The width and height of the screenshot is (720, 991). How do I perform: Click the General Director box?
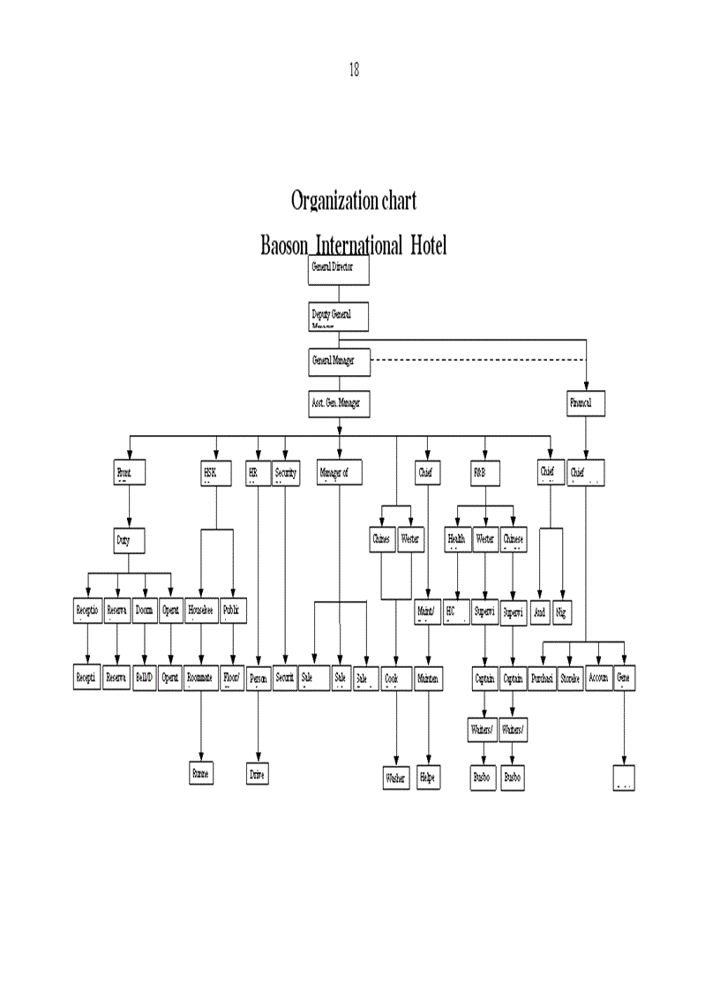pos(338,270)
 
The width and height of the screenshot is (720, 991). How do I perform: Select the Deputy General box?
pos(338,317)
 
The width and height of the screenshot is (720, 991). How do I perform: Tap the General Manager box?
pos(338,361)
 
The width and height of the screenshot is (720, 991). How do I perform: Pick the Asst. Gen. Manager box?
pos(338,403)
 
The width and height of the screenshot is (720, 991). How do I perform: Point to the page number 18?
pos(354,71)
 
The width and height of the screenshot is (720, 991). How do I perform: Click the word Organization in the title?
pos(334,201)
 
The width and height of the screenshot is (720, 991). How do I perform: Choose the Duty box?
pos(129,540)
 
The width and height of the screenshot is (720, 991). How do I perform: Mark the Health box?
pos(457,540)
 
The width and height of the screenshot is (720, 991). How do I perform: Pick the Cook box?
pos(396,679)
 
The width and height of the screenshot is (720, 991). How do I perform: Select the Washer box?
pos(396,778)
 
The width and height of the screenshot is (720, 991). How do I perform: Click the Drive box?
pos(258,776)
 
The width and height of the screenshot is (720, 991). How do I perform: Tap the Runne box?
pos(202,773)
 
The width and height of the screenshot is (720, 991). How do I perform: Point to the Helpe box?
pos(428,778)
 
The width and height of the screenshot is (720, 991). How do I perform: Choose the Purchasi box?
pos(543,679)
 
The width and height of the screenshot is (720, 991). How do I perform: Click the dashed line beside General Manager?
pos(476,360)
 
